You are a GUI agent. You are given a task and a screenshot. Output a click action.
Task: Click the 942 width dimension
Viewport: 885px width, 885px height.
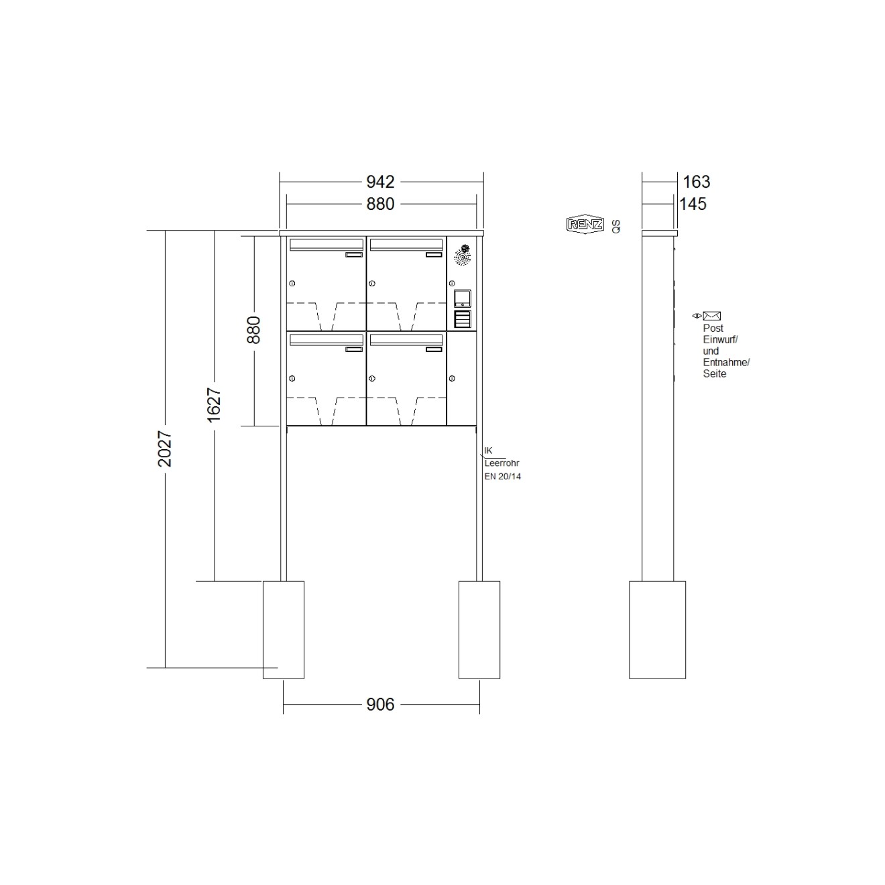[379, 182]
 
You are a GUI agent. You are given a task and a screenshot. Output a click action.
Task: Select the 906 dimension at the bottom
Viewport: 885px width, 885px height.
[379, 704]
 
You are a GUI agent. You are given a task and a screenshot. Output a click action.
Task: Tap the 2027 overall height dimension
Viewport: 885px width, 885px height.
[164, 449]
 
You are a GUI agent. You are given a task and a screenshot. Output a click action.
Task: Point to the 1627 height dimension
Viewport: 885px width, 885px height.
[214, 405]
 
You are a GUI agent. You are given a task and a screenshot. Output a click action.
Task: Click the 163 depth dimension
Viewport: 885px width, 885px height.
[696, 182]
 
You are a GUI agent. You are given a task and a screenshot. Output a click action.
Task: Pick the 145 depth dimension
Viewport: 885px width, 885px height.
[693, 204]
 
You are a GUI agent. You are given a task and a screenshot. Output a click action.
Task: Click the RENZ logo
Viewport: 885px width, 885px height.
[585, 225]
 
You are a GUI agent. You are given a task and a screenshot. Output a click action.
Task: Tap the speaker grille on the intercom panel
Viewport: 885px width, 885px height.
[462, 255]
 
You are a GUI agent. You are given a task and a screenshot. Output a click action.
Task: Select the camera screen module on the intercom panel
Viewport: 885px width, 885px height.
[462, 298]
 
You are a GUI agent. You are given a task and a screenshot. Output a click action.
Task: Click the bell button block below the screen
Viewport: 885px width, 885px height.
[462, 319]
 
